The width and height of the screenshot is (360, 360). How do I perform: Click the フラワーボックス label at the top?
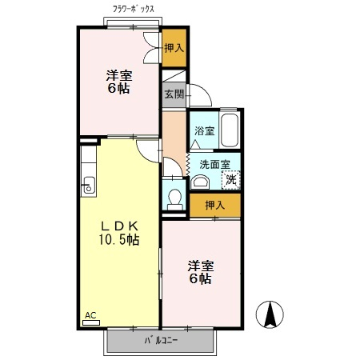tap(134, 9)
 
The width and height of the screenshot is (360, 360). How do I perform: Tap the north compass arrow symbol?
tap(270, 314)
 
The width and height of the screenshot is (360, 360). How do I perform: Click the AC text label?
tap(90, 315)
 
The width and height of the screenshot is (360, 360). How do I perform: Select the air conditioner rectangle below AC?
tap(91, 323)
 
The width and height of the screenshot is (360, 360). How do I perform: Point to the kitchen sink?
tap(89, 185)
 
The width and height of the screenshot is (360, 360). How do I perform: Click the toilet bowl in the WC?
tap(175, 199)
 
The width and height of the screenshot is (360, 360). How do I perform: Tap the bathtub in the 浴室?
tap(230, 130)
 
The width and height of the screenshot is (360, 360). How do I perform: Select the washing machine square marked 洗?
tap(231, 180)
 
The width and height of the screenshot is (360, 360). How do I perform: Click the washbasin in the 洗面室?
tap(200, 182)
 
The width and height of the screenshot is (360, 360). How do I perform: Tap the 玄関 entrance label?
tap(174, 94)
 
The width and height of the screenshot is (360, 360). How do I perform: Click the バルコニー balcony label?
tap(161, 341)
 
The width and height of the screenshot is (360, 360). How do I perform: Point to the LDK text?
tap(119, 226)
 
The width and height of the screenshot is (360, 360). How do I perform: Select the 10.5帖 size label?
tap(119, 239)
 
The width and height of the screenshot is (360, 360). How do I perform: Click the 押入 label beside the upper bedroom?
tap(174, 48)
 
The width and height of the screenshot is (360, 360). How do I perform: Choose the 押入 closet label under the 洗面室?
tap(215, 205)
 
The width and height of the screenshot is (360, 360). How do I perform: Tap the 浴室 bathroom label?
tap(204, 130)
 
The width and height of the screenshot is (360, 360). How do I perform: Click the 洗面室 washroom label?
tap(214, 165)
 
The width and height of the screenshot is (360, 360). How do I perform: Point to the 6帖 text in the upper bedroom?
tap(119, 88)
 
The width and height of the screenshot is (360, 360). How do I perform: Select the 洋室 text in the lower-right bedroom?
tap(201, 266)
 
